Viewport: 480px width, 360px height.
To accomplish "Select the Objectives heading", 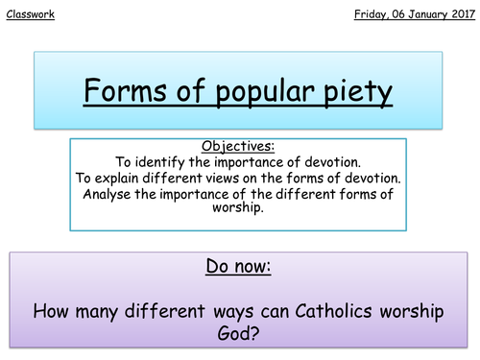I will [239, 147].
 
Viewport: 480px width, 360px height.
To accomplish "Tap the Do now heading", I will [239, 266].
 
